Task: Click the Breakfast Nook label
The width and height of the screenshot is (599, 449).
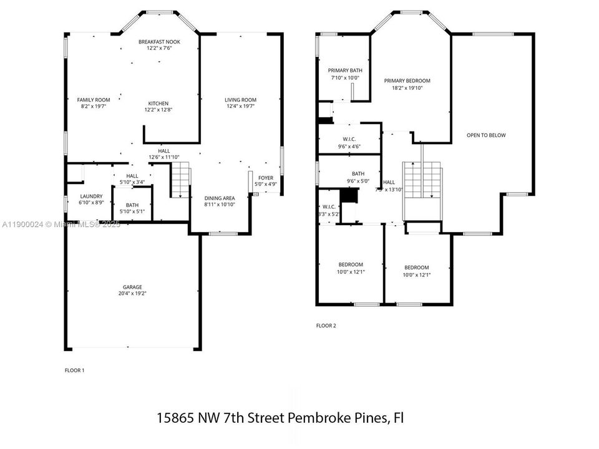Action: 159,42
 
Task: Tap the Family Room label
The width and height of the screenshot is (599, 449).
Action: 94,100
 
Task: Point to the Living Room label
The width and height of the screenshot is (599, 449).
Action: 241,100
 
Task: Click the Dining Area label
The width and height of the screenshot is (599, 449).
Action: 220,198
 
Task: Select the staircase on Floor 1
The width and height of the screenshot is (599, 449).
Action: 180,180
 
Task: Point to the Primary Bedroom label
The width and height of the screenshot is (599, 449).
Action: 407,81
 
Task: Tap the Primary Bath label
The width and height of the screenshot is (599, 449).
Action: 345,70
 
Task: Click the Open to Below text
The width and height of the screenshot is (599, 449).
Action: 486,135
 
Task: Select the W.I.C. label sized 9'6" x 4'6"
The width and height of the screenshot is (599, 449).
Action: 349,139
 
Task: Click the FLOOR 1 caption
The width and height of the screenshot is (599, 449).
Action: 74,370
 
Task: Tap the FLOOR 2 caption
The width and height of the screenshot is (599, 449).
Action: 326,326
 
